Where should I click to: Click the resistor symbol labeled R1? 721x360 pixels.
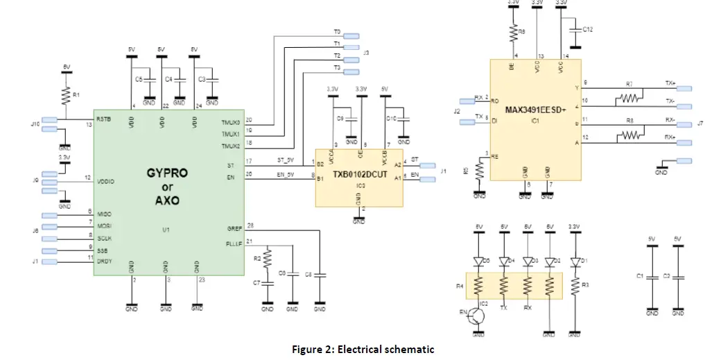pos(65,94)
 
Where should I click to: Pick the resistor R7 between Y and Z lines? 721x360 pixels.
pos(629,99)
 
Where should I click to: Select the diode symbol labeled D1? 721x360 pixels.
pos(575,262)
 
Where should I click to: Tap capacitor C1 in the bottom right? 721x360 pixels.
pos(652,276)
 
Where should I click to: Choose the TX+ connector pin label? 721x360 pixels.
pos(670,83)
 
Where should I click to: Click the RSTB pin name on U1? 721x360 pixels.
pos(105,118)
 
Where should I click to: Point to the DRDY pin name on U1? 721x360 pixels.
pos(105,260)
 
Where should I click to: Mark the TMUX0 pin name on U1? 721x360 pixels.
pos(231,121)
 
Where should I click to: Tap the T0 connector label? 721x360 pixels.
pos(337,32)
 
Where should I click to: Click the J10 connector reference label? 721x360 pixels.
pos(35,124)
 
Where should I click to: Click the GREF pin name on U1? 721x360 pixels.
pos(233,228)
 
